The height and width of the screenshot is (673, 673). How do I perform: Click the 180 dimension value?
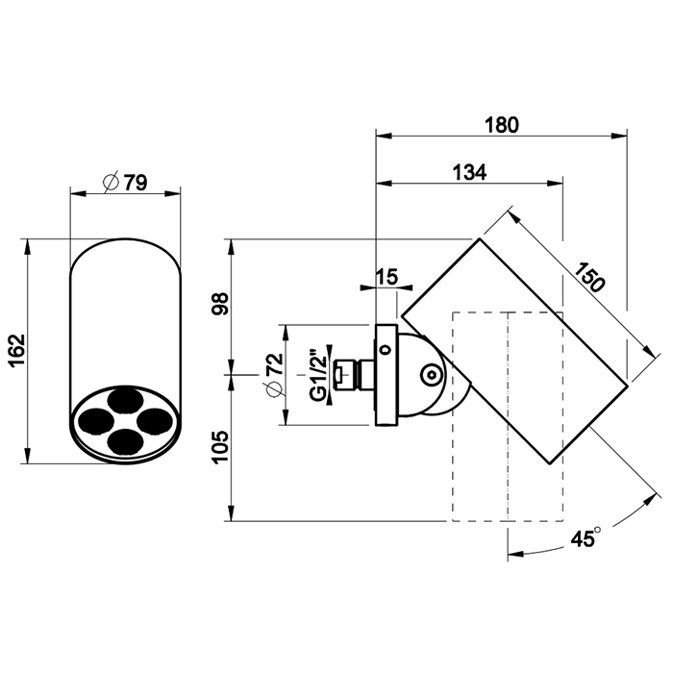coord(501,124)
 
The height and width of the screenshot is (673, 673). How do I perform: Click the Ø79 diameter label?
coord(124,182)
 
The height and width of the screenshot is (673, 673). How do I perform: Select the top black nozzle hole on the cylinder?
coord(123,400)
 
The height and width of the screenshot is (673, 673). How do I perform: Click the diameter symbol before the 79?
coord(109,182)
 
